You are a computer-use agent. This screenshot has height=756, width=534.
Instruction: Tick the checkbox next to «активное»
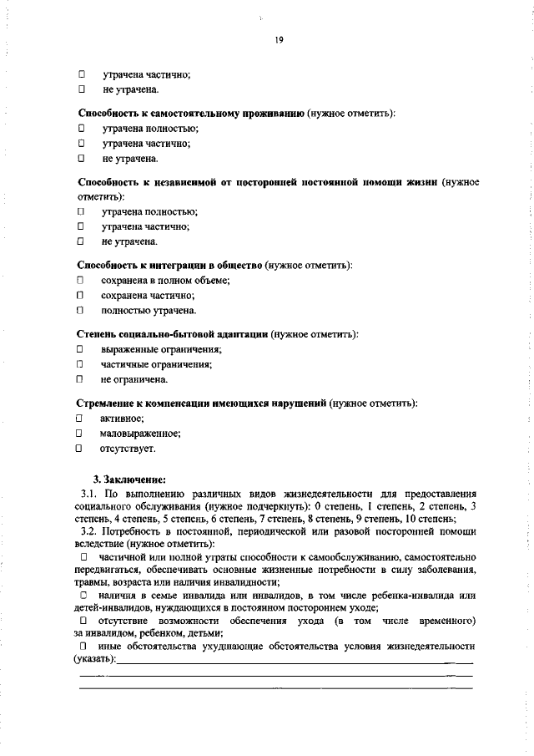[x=80, y=418]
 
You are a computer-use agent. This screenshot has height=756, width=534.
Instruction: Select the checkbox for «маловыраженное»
[x=80, y=434]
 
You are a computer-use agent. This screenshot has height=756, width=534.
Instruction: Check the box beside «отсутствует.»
[x=80, y=449]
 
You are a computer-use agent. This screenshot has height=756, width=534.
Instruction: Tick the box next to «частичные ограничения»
[x=81, y=364]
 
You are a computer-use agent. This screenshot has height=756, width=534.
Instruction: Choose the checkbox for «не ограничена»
[x=81, y=379]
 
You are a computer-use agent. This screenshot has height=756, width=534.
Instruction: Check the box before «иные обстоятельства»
[x=83, y=647]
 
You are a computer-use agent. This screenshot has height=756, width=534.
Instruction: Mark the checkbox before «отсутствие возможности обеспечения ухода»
[x=83, y=622]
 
